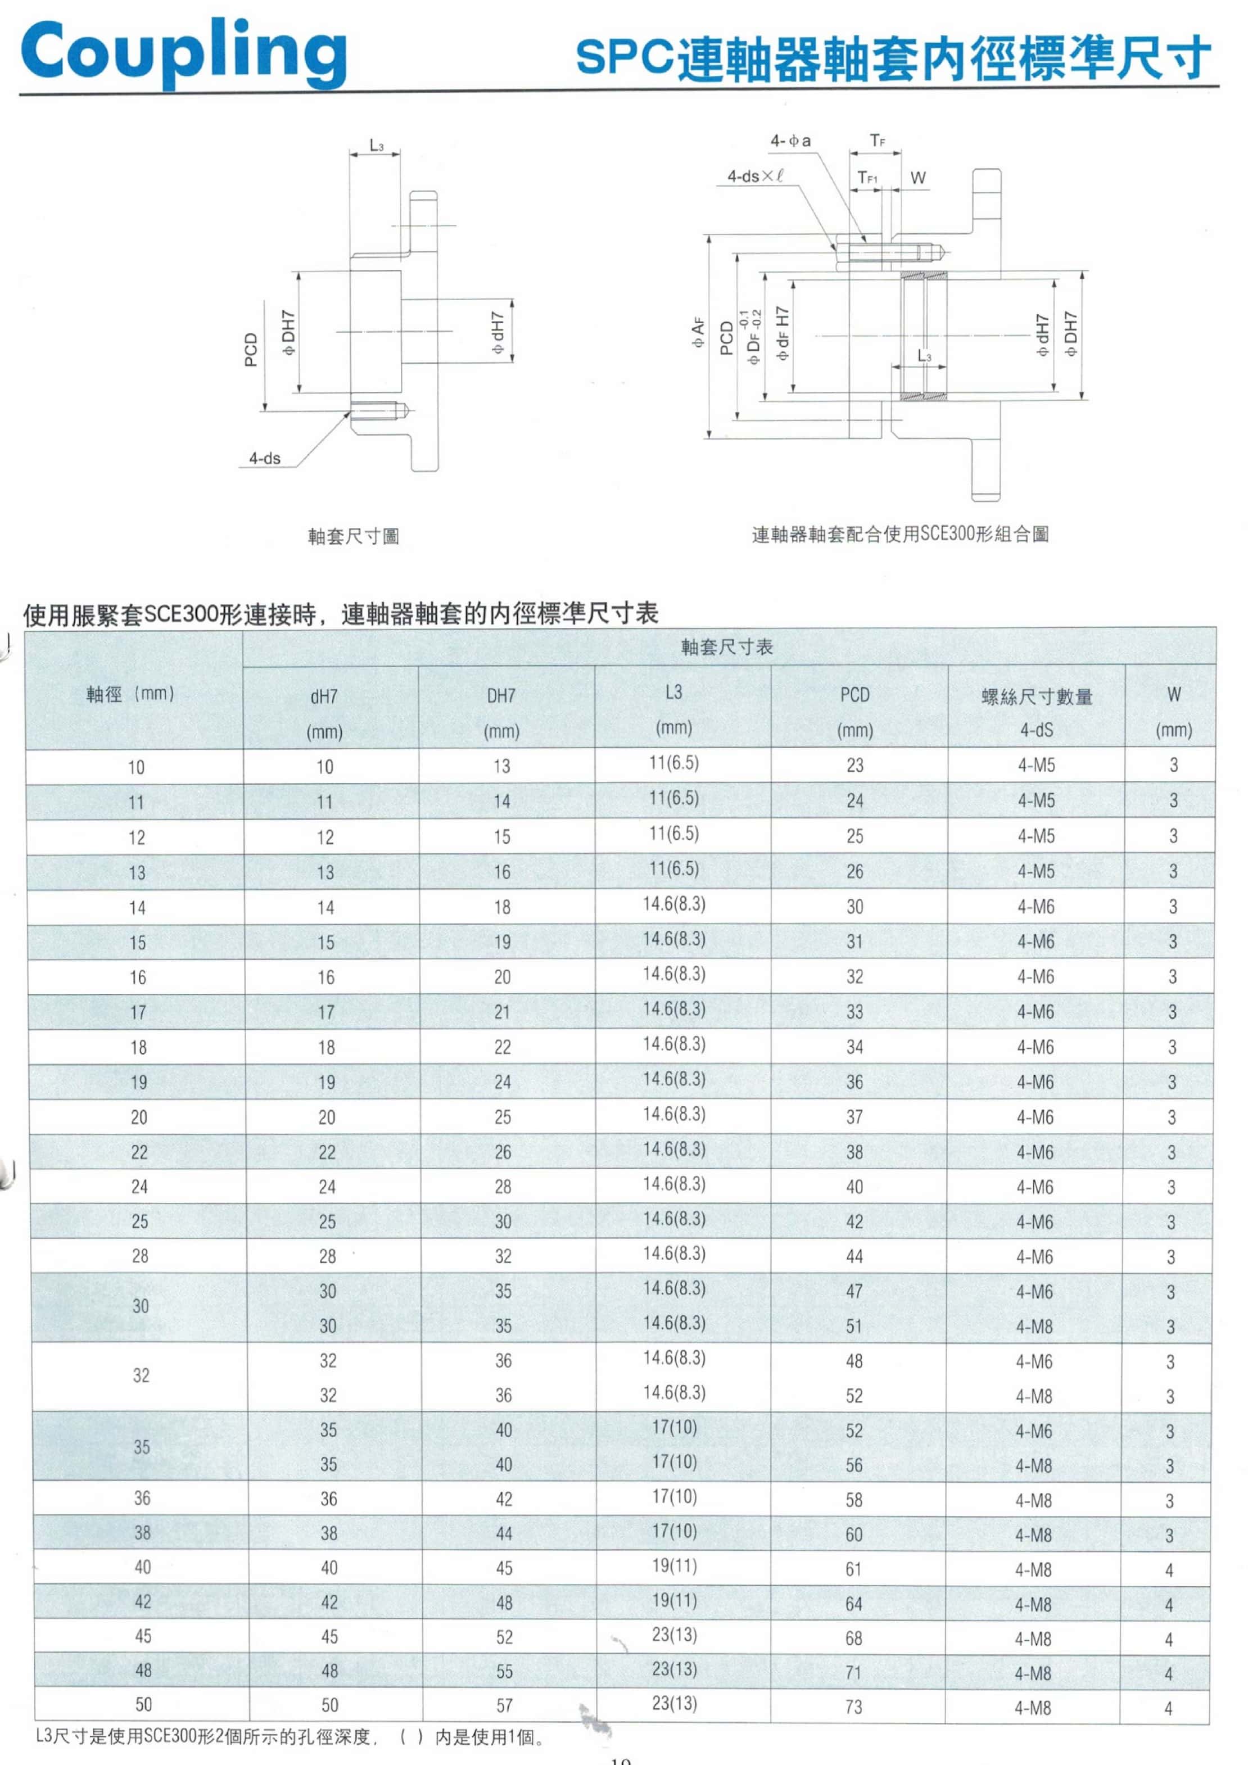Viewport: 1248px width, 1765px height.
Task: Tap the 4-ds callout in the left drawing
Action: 265,458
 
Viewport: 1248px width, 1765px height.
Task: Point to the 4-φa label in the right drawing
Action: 790,141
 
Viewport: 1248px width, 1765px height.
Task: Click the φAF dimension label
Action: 698,332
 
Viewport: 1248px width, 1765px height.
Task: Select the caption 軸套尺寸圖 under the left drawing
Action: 354,536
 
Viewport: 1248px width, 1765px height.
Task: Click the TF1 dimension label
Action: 867,178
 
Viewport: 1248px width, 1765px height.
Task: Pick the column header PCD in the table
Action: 854,695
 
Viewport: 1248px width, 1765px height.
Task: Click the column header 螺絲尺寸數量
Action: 1037,696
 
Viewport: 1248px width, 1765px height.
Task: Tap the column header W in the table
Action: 1173,694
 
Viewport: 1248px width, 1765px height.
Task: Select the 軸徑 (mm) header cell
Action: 131,694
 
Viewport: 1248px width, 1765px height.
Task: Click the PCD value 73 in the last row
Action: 853,1707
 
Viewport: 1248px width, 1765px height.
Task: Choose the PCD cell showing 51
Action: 854,1326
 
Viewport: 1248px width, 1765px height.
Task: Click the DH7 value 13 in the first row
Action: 501,766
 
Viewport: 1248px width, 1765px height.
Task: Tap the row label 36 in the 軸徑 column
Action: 142,1497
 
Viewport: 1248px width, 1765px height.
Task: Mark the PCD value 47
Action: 854,1292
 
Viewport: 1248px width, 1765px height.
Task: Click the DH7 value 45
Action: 504,1568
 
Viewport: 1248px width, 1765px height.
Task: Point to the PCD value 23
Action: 855,765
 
